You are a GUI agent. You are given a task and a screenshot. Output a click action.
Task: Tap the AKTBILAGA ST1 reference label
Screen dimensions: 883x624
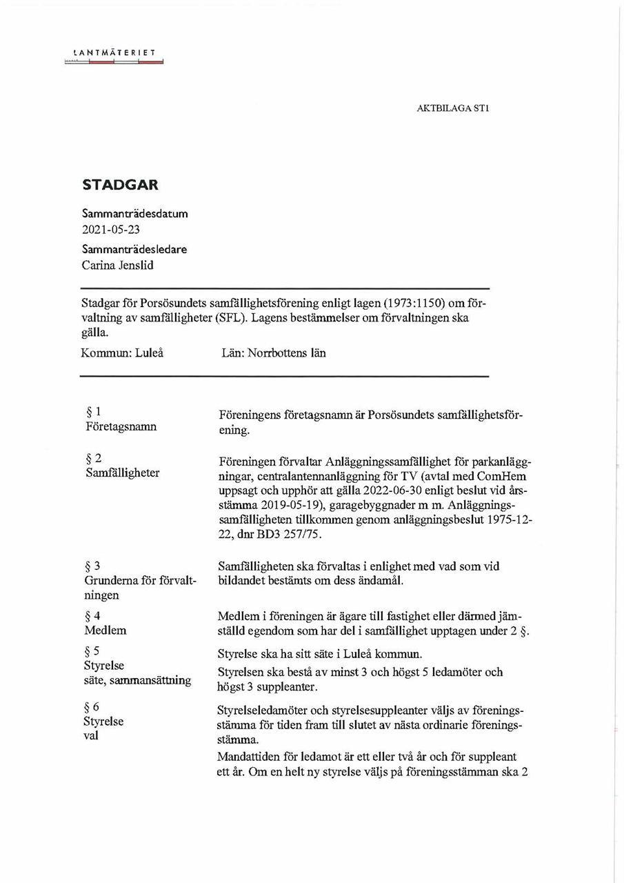click(x=453, y=108)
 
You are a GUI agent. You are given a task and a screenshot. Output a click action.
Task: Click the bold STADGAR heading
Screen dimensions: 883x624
click(x=120, y=185)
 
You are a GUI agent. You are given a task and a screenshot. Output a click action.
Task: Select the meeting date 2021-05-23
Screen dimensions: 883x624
click(x=110, y=230)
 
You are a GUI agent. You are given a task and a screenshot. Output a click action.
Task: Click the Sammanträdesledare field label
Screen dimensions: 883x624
click(x=134, y=249)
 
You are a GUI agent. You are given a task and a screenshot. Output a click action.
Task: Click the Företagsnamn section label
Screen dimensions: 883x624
click(x=121, y=426)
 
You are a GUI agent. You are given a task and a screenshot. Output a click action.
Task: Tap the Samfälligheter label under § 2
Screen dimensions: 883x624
click(x=122, y=473)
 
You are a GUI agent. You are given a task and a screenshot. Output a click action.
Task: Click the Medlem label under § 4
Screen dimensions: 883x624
click(x=105, y=630)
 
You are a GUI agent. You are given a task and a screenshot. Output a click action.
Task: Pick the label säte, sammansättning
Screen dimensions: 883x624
click(x=138, y=680)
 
